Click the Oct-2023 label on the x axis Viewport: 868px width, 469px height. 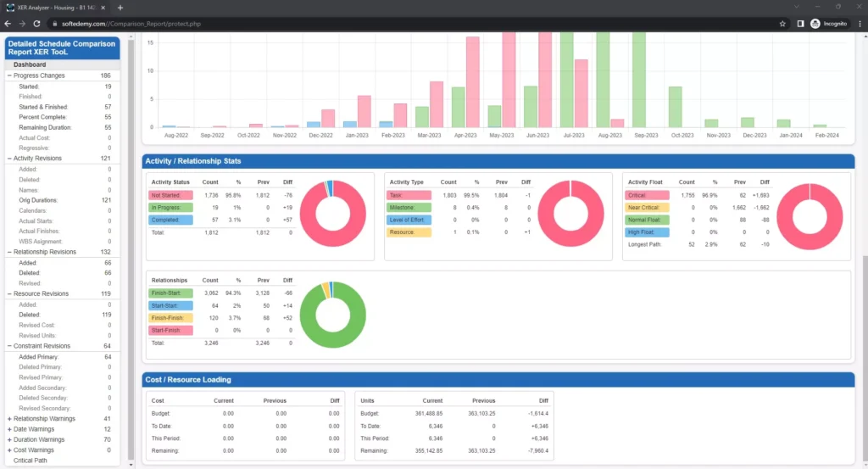(682, 135)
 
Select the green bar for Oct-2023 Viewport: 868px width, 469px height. (676, 107)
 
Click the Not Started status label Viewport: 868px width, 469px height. (166, 195)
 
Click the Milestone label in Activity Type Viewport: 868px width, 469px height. (403, 207)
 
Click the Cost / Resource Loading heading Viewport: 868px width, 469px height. (187, 379)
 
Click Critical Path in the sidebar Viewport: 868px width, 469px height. (31, 461)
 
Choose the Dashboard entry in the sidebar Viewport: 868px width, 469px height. (30, 64)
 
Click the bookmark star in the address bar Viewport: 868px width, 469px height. (782, 24)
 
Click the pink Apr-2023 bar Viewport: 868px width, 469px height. (472, 81)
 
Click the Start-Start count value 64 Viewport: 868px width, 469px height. (214, 305)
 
